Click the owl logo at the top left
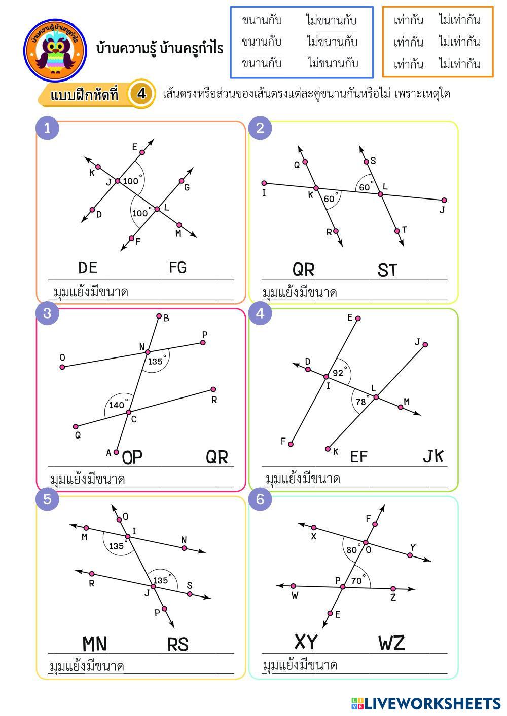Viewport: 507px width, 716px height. pyautogui.click(x=54, y=50)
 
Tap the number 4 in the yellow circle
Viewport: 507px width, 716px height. pyautogui.click(x=141, y=94)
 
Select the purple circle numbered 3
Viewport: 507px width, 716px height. pyautogui.click(x=48, y=313)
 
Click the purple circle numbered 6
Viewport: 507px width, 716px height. pyautogui.click(x=260, y=500)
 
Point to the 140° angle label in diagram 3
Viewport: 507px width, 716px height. pyautogui.click(x=117, y=405)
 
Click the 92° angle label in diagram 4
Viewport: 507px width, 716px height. pyautogui.click(x=338, y=373)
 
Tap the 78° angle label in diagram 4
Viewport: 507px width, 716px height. pyautogui.click(x=361, y=402)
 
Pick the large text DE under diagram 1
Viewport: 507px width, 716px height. pyautogui.click(x=88, y=267)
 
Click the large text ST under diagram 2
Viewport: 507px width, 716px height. pyautogui.click(x=387, y=270)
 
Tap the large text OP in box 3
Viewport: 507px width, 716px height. pyautogui.click(x=132, y=457)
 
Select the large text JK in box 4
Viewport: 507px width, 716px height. pyautogui.click(x=433, y=456)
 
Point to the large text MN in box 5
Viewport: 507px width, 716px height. pyautogui.click(x=95, y=644)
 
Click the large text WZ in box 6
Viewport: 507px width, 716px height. pyautogui.click(x=391, y=643)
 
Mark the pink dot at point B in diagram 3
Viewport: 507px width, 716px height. pyautogui.click(x=159, y=316)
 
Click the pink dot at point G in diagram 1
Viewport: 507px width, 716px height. pyautogui.click(x=182, y=181)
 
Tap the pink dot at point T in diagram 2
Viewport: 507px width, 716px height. pyautogui.click(x=397, y=231)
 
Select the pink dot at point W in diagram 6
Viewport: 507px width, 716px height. pyautogui.click(x=293, y=586)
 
